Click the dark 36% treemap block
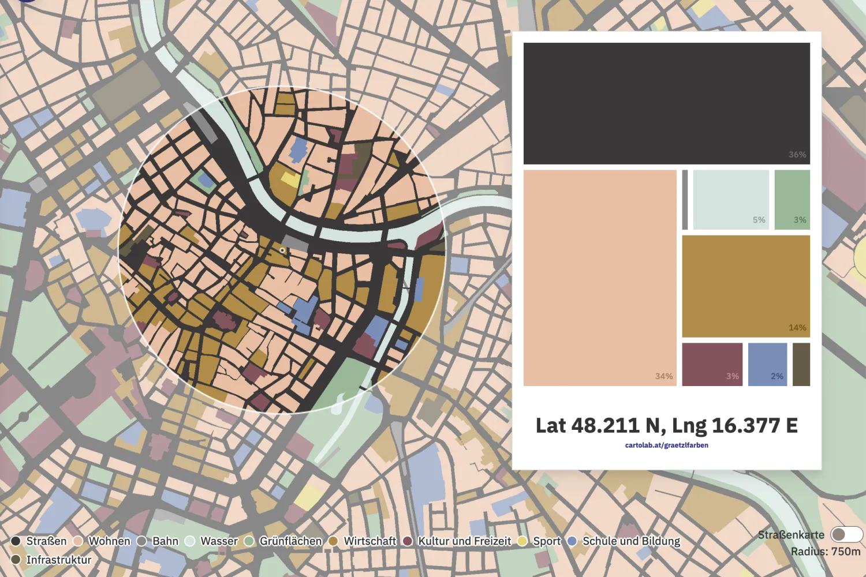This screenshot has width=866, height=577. (x=666, y=103)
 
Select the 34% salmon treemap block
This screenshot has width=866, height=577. (x=600, y=278)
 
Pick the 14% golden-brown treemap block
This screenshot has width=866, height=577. (x=746, y=286)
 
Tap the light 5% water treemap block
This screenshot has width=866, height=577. (x=731, y=200)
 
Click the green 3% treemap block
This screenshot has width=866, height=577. (x=792, y=200)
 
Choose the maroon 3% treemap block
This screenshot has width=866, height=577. (x=712, y=364)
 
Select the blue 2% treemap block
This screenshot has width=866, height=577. (x=767, y=364)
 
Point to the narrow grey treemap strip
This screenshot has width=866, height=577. (x=685, y=200)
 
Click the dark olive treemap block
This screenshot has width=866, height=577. (x=801, y=364)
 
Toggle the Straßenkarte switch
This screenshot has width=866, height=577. (x=846, y=534)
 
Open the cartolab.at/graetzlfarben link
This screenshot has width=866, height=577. (x=666, y=445)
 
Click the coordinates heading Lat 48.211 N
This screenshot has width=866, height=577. (x=666, y=426)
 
